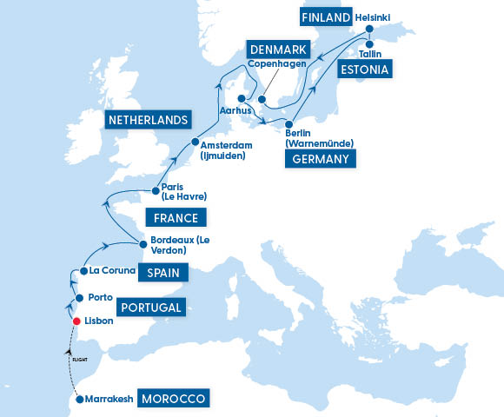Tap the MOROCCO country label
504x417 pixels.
tap(175, 399)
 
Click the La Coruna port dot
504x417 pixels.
tap(83, 271)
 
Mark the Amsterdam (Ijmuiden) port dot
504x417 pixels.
tap(195, 143)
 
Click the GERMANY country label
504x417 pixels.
tap(321, 158)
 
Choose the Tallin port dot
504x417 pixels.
tap(368, 43)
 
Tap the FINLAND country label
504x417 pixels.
tap(326, 17)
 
